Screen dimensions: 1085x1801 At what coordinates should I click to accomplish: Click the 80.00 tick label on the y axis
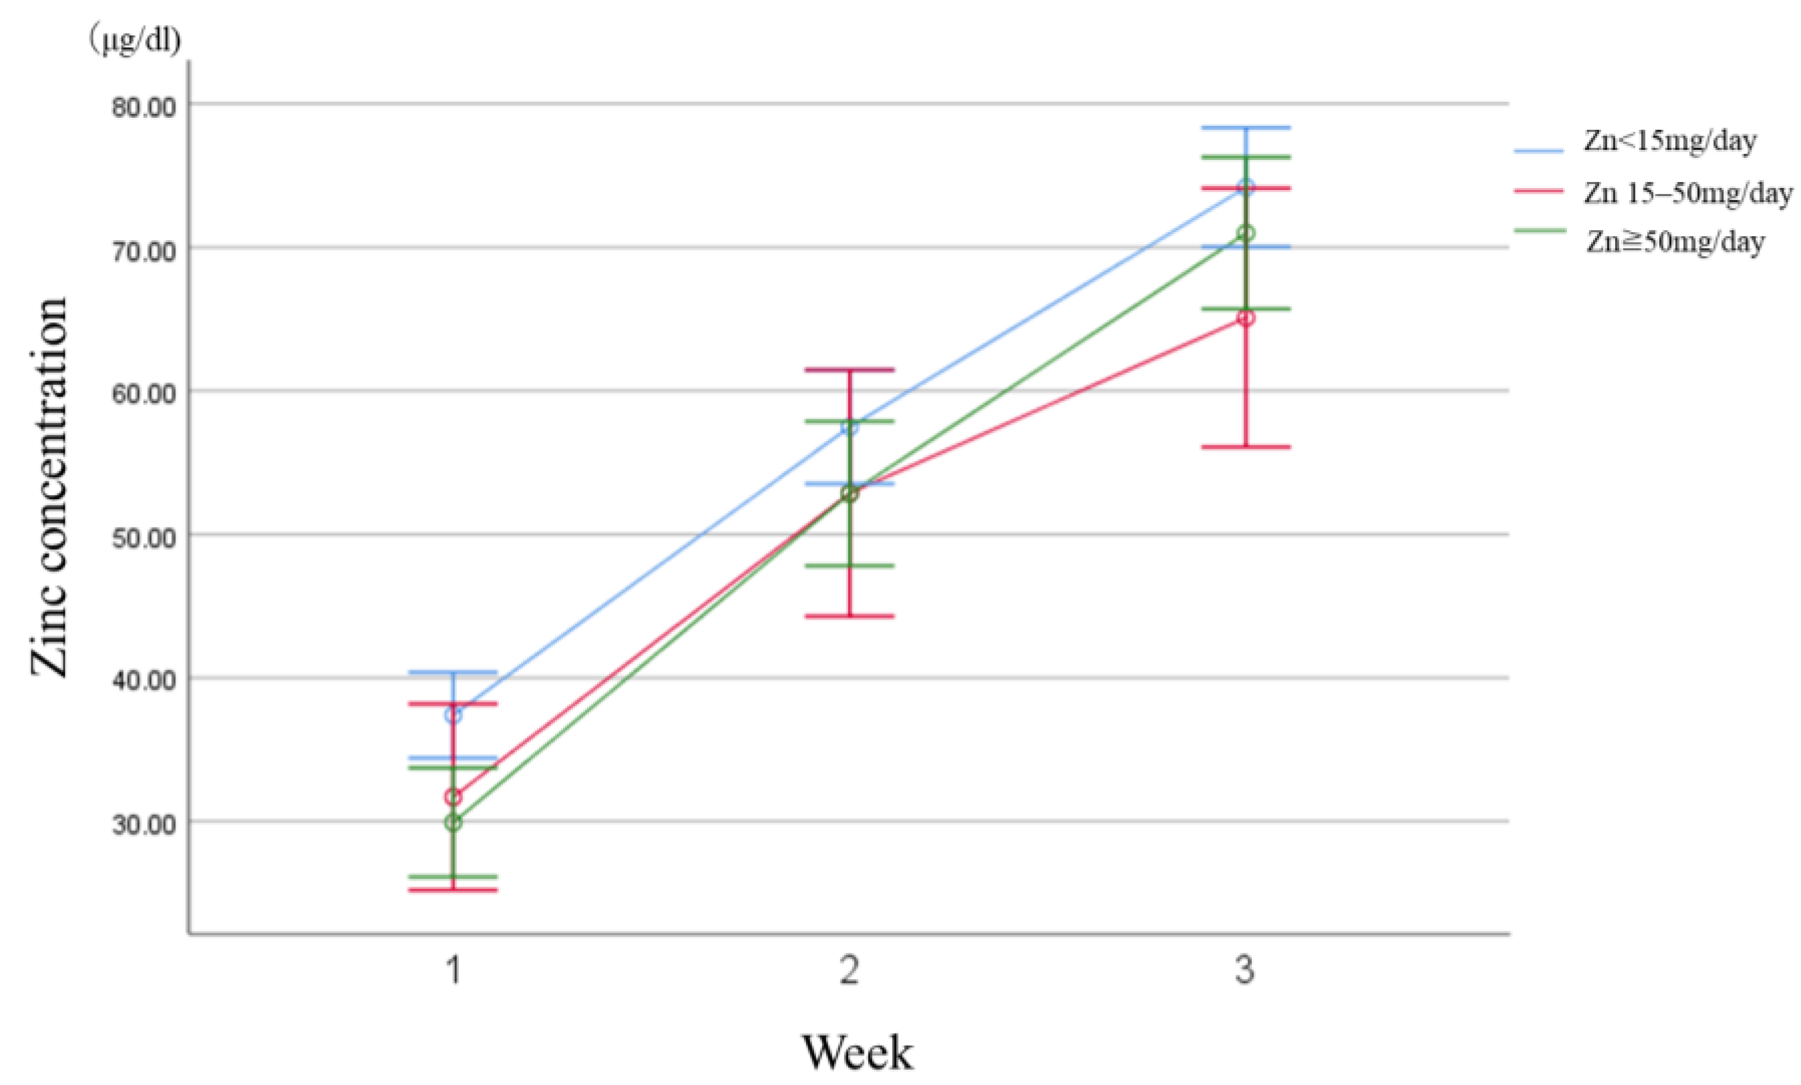pos(144,107)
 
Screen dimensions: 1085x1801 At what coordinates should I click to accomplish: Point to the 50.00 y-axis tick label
pos(144,538)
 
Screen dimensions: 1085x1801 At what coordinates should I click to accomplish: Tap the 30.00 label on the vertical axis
pos(144,824)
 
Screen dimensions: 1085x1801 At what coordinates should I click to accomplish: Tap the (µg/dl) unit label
pos(134,40)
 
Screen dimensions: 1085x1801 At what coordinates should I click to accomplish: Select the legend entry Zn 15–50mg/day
pos(1687,193)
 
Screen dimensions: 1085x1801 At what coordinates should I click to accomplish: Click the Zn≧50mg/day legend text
pos(1675,241)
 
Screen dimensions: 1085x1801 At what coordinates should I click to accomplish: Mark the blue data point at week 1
pos(453,715)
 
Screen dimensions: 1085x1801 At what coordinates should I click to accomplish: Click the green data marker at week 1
pos(453,823)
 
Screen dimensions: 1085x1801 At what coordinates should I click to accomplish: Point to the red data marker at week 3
pos(1245,318)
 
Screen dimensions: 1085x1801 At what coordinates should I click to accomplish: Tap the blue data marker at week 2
pos(849,427)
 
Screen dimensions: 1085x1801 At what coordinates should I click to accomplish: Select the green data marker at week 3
pos(1245,233)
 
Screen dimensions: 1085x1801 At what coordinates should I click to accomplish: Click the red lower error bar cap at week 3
pos(1245,447)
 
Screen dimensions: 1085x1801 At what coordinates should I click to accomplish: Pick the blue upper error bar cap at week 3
pos(1245,128)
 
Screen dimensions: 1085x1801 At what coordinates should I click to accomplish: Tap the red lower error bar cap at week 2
pos(849,616)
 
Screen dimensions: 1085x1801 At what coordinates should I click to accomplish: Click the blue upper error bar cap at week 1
pos(453,672)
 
